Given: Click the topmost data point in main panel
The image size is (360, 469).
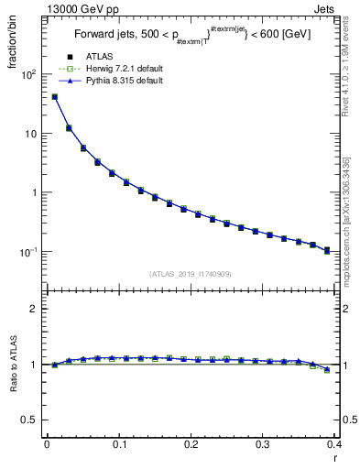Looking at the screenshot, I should coord(55,97).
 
